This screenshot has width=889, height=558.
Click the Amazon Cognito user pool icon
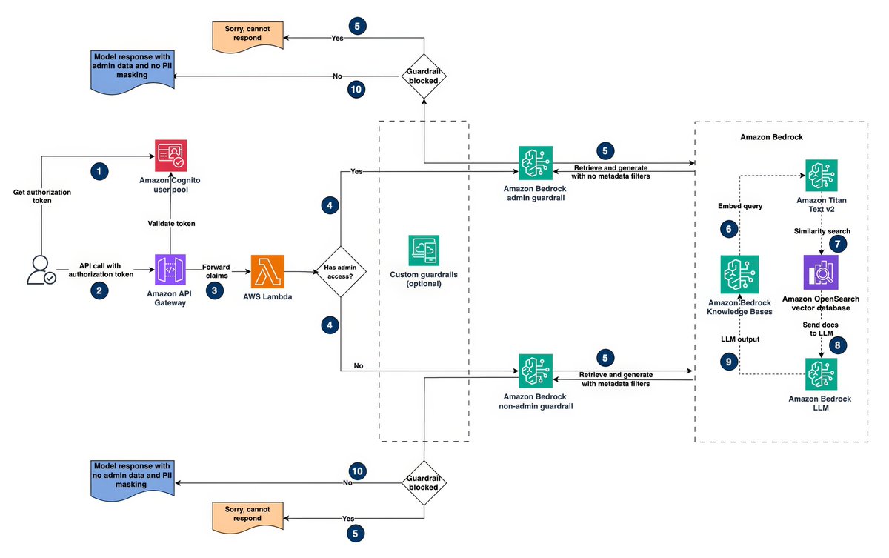[x=170, y=156]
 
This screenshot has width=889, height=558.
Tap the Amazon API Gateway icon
[x=170, y=270]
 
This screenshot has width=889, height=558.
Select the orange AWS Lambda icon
[x=267, y=271]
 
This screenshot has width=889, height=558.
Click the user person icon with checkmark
[x=41, y=270]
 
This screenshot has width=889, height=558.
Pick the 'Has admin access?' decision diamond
[x=341, y=271]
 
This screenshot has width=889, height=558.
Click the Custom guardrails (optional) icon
[x=424, y=250]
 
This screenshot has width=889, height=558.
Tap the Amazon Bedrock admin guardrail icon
[x=536, y=163]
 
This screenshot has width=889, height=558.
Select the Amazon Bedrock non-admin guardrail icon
[x=536, y=371]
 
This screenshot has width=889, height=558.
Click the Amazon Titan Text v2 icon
[x=821, y=176]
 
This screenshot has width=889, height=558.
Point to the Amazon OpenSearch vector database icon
[x=821, y=272]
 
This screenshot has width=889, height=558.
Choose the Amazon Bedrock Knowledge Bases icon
[x=739, y=274]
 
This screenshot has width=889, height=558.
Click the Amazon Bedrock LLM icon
[x=821, y=374]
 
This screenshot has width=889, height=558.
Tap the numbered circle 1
[x=99, y=171]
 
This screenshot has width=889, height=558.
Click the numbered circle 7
[x=837, y=244]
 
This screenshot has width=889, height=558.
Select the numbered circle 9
[x=729, y=362]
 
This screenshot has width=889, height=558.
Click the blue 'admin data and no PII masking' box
[x=133, y=72]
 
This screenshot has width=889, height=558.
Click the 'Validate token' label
[x=171, y=224]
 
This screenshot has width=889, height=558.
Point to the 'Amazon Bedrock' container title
[x=771, y=137]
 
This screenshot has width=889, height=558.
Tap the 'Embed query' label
[x=740, y=206]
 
